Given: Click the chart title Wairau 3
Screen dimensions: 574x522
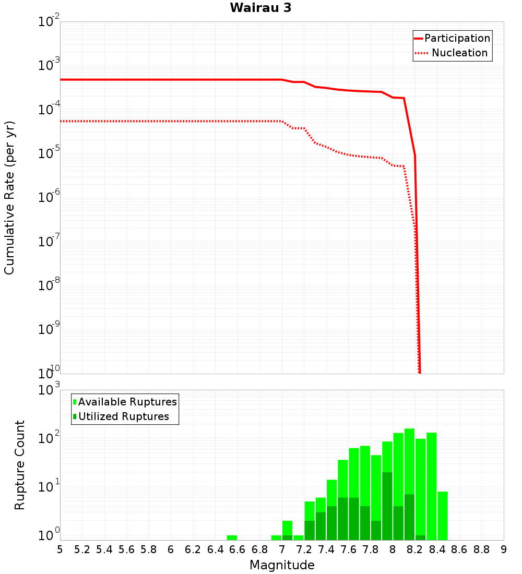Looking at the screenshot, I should point(260,8).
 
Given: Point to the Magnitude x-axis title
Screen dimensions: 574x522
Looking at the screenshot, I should point(282,565).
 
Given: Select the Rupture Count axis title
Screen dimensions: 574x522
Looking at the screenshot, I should point(20,464).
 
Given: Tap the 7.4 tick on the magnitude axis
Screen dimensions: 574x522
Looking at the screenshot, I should point(326,549).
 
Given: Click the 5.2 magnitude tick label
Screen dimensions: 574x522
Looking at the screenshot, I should point(82,549).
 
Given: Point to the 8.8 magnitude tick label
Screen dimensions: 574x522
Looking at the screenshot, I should point(481,549).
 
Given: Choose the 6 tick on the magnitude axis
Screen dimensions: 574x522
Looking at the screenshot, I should point(171,549).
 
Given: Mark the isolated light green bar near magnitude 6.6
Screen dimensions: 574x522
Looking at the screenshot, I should point(232,537).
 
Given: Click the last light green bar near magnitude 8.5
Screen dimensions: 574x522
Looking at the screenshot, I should point(443,516).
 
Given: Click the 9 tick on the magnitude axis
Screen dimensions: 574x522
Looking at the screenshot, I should point(504,549).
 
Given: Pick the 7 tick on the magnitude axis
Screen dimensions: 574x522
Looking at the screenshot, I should point(282,549).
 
